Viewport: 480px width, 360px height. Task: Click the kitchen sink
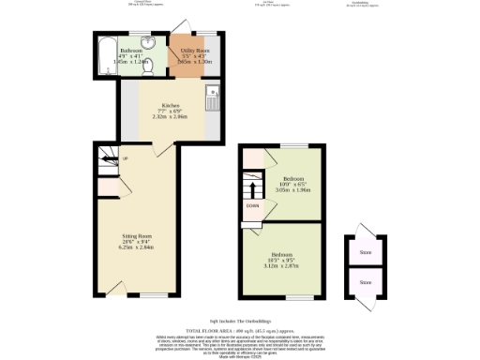point(213,91)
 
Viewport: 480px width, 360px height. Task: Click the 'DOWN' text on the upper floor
point(252,204)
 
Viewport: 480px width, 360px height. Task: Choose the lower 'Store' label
point(365,281)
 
